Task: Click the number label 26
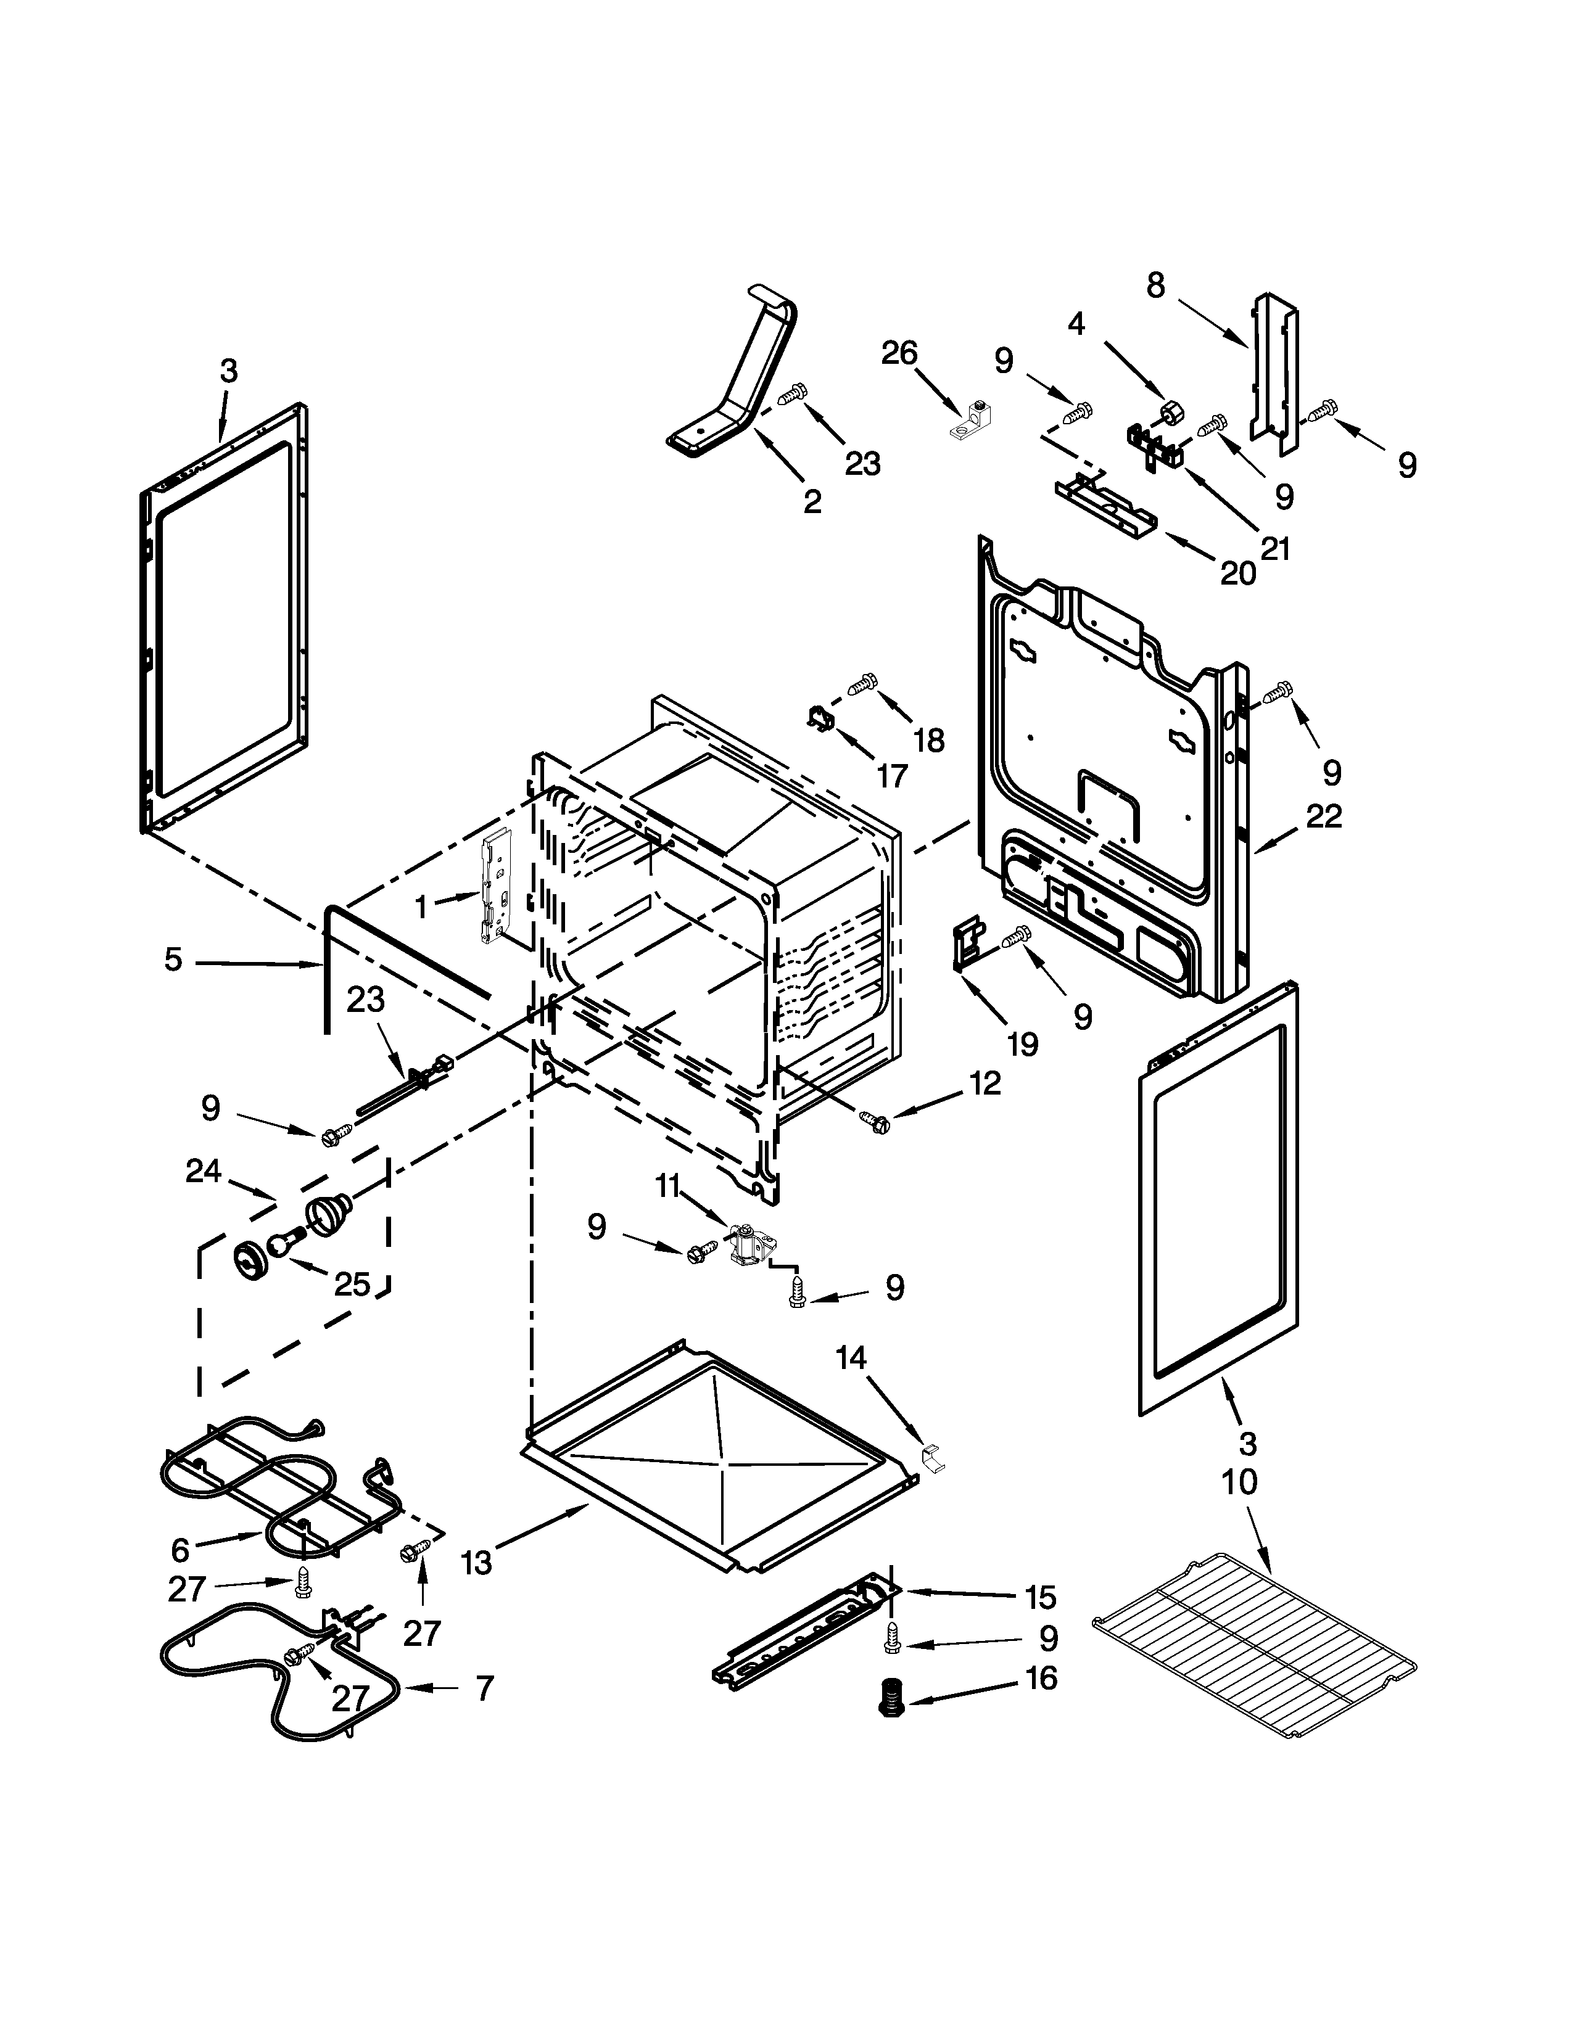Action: [900, 353]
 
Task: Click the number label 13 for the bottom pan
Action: [476, 1561]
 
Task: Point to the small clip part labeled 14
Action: [932, 1459]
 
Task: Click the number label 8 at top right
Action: [1155, 285]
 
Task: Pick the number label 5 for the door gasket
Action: [173, 960]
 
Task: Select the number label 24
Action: [203, 1170]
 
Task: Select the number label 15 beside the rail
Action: [1040, 1597]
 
